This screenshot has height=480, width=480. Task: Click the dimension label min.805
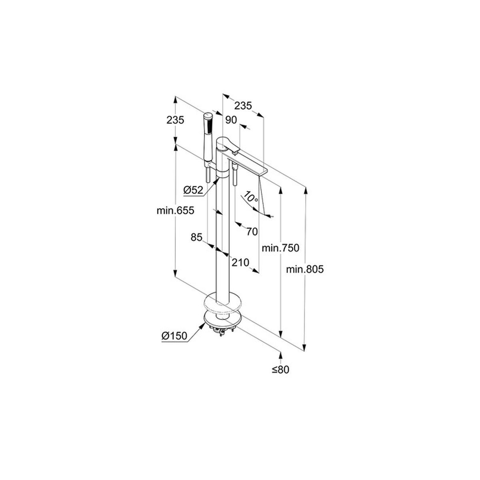304,269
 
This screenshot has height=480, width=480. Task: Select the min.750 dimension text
280,248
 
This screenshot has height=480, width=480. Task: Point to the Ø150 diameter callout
174,336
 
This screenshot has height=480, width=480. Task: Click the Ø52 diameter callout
193,190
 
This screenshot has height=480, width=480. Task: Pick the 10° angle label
251,197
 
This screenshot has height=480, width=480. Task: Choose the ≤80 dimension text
280,377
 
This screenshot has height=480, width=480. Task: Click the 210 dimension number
240,262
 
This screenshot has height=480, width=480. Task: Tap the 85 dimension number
196,237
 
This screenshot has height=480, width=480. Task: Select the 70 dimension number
252,232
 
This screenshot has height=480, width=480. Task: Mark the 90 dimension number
231,120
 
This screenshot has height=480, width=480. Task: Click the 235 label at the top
243,106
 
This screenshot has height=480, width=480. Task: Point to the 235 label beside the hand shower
175,120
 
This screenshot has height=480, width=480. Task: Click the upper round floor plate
222,304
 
